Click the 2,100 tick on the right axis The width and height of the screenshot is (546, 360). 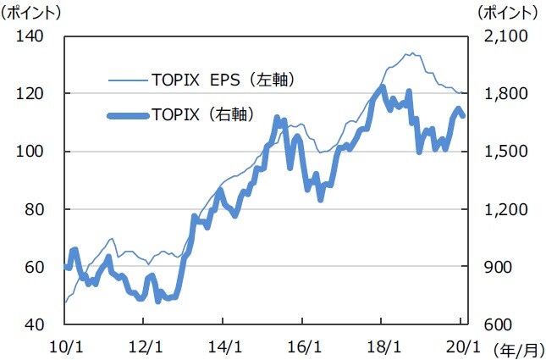(x=505, y=36)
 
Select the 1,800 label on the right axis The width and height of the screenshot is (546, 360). (x=505, y=93)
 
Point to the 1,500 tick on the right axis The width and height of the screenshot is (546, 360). (x=505, y=152)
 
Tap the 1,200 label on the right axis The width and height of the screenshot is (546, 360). (x=505, y=209)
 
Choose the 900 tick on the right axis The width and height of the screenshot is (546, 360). (x=499, y=267)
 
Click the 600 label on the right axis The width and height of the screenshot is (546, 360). (x=499, y=325)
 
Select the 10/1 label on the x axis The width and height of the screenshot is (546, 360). (x=65, y=346)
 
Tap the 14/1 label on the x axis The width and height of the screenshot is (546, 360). (x=223, y=346)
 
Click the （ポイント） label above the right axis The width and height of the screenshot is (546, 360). (x=507, y=13)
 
